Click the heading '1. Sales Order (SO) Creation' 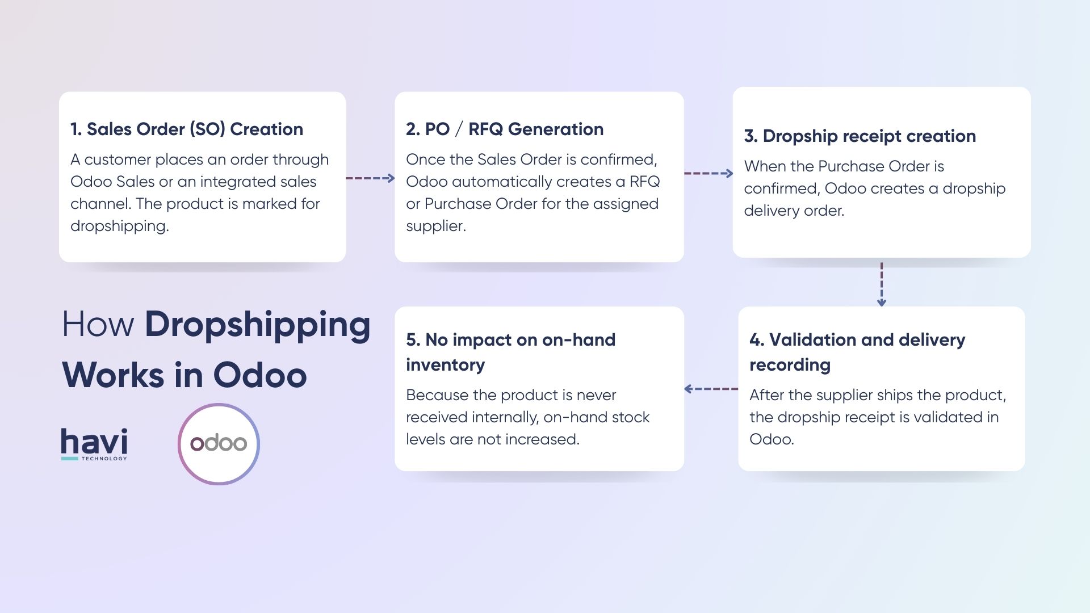[187, 129]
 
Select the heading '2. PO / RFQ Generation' [505, 129]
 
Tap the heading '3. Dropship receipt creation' [860, 136]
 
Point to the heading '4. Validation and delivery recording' [857, 352]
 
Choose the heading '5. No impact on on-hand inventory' [510, 352]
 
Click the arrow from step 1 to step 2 [370, 178]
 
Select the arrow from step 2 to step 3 [708, 173]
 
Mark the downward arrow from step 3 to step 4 [881, 284]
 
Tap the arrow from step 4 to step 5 [711, 389]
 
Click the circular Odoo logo [219, 444]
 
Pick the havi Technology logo [94, 444]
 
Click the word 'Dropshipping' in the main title [258, 325]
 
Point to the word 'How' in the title [98, 325]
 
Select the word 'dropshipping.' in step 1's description [120, 226]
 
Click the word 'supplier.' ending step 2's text [436, 226]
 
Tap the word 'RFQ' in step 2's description [644, 182]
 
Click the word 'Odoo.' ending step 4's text [772, 439]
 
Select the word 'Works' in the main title [113, 375]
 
